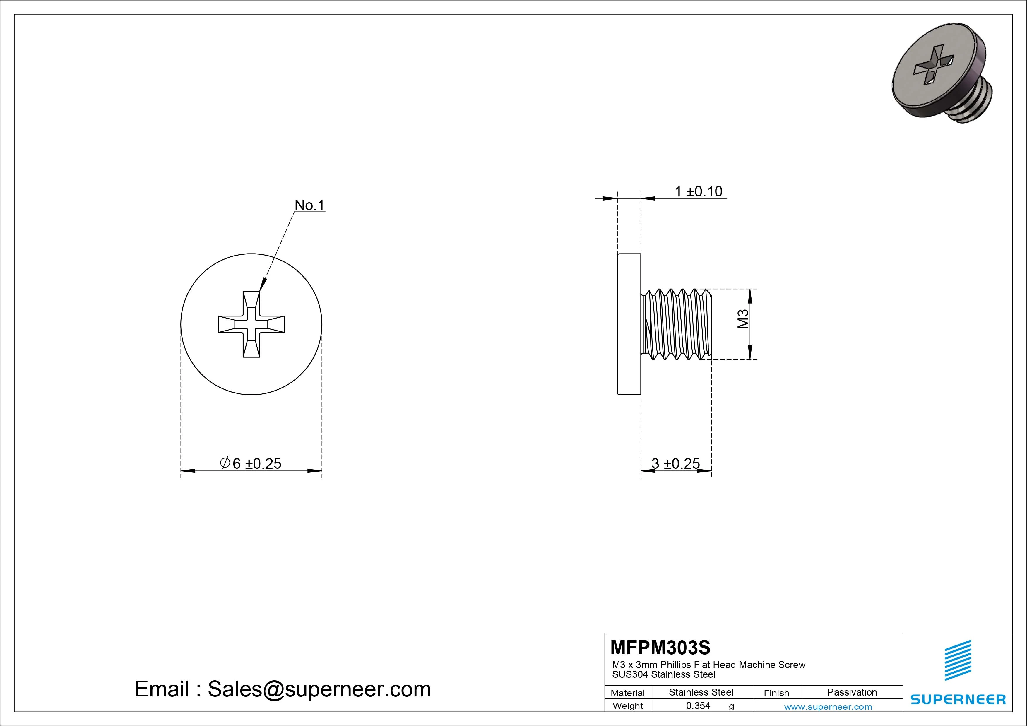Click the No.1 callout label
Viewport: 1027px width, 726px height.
[x=309, y=205]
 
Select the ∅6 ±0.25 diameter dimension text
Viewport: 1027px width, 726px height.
[x=251, y=463]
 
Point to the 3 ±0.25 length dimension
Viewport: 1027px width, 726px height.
[x=675, y=463]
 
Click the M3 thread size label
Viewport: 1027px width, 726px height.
[x=743, y=319]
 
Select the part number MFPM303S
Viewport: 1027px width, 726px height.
[x=660, y=647]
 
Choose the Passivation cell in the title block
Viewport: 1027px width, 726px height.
[x=852, y=692]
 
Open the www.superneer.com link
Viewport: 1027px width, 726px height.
[x=828, y=707]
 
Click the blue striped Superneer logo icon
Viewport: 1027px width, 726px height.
[x=958, y=660]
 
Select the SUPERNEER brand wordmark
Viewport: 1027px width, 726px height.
[x=958, y=699]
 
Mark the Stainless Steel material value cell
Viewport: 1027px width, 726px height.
[x=701, y=692]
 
